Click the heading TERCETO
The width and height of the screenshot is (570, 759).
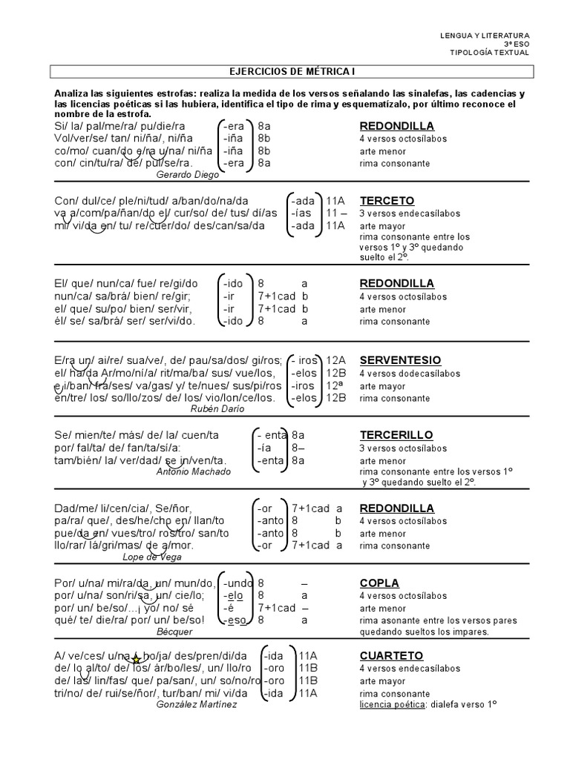click(x=387, y=201)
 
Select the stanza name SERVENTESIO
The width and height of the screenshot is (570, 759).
click(x=400, y=360)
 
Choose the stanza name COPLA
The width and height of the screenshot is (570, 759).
click(x=379, y=583)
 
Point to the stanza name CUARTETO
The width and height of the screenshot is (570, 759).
click(x=391, y=656)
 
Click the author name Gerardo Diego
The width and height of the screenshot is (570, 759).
click(x=188, y=175)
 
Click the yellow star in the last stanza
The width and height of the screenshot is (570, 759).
click(x=135, y=658)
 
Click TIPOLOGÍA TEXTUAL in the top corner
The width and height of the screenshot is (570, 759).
click(x=490, y=53)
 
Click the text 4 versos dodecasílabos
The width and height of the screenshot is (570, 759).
click(x=408, y=374)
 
